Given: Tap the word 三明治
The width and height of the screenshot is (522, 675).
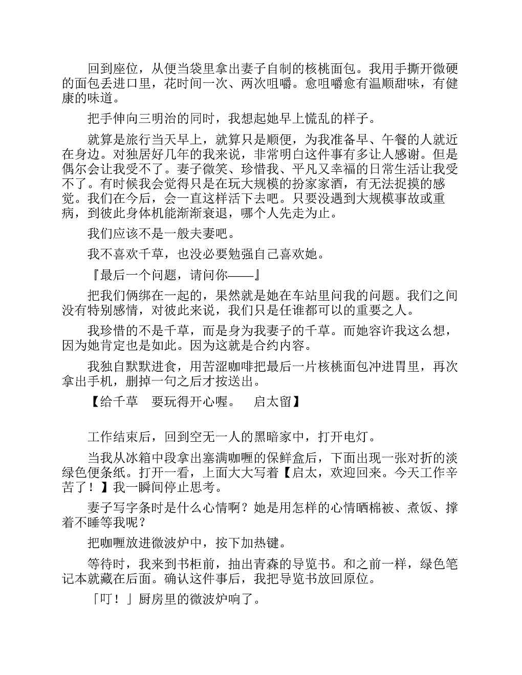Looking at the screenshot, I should [x=158, y=119].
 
